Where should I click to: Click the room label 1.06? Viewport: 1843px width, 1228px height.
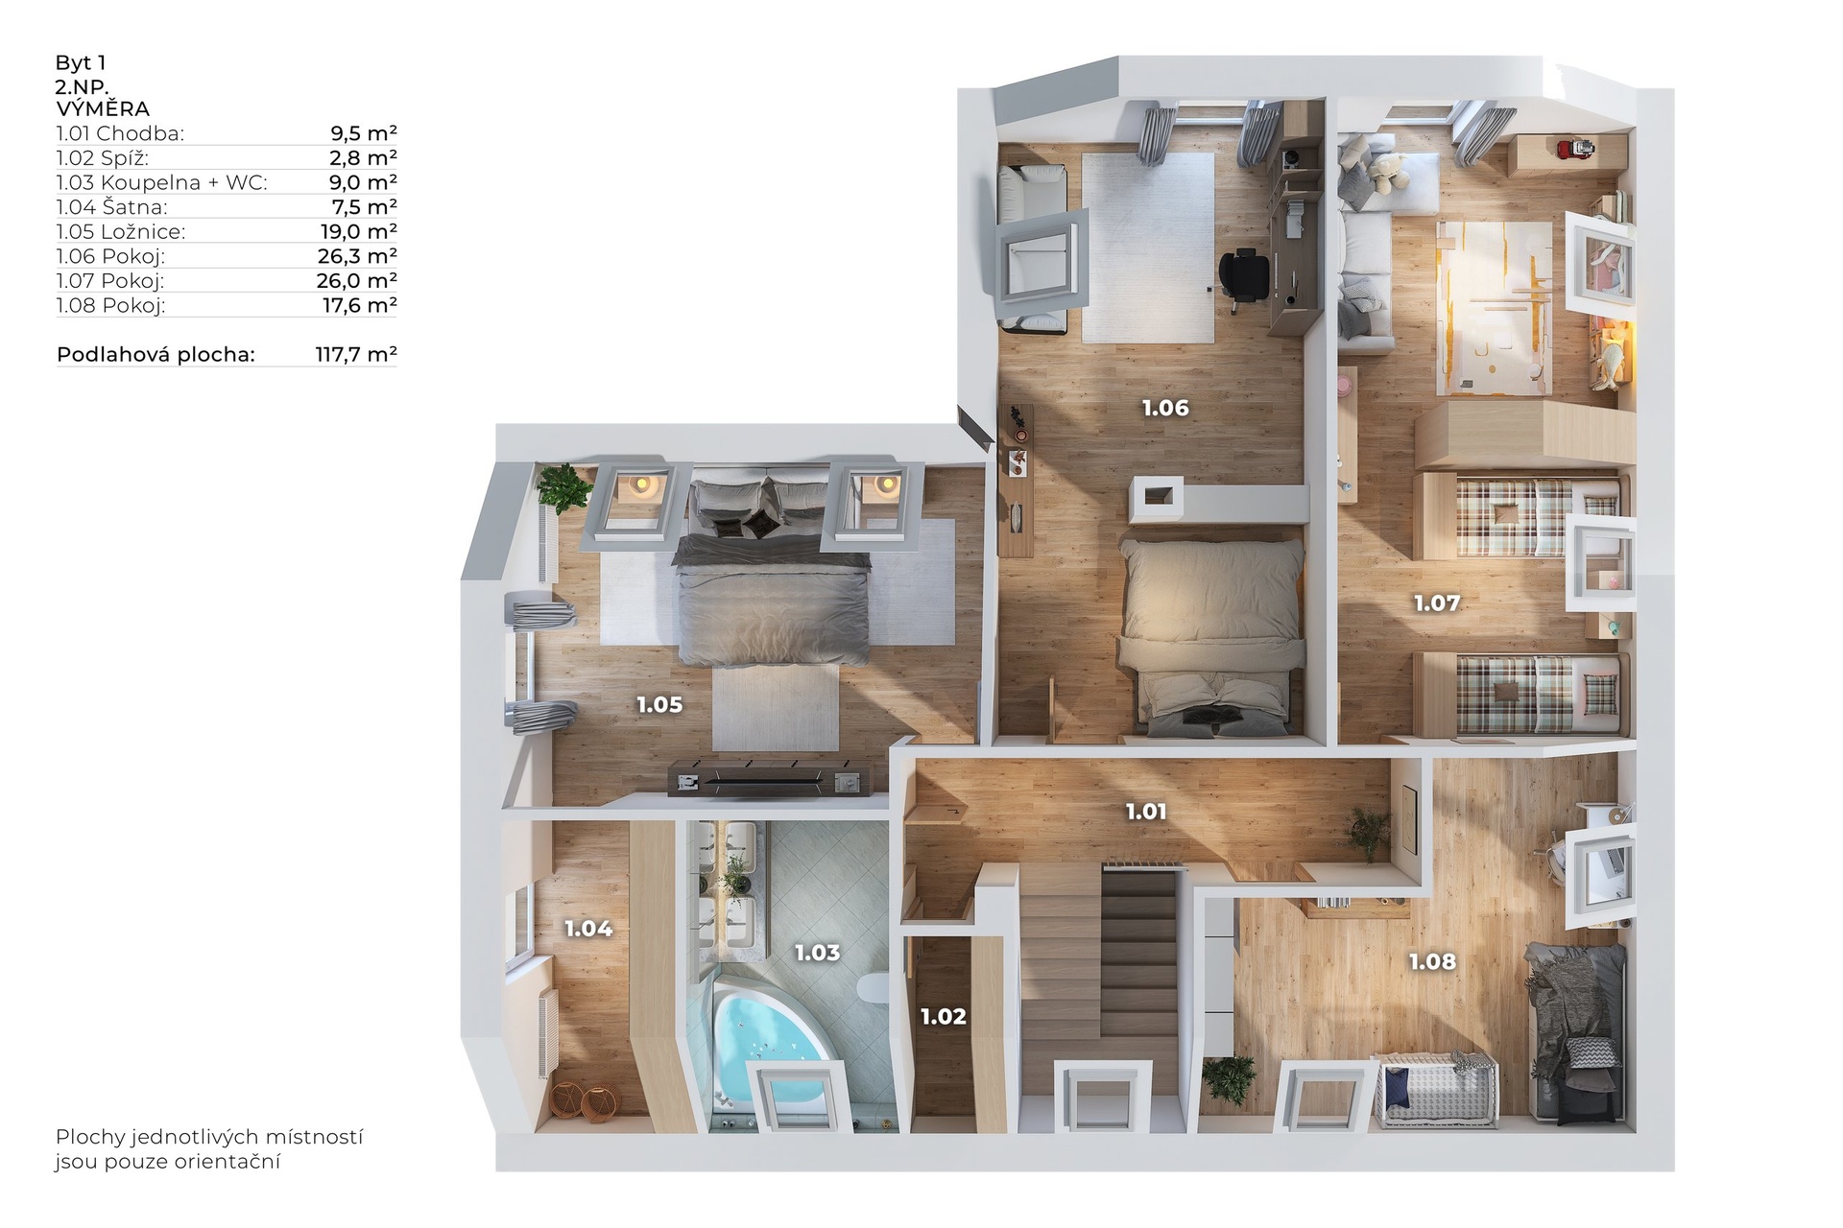pos(1165,408)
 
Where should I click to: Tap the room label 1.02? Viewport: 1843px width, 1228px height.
pos(944,1016)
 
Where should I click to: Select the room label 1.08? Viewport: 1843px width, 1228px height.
pos(1432,961)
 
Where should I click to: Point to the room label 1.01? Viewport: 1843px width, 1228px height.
pos(1146,812)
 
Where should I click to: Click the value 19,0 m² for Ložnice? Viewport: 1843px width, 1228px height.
pos(358,231)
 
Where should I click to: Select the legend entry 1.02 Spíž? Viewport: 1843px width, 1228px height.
pos(103,158)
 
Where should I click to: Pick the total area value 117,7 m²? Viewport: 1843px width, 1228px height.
pos(356,354)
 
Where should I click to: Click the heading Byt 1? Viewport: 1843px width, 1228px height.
pos(81,62)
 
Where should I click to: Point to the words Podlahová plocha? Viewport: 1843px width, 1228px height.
pos(156,354)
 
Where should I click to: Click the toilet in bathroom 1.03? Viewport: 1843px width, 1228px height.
pos(874,988)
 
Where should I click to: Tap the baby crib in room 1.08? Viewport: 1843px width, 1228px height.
pos(1436,1091)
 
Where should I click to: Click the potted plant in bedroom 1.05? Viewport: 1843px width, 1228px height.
pos(563,486)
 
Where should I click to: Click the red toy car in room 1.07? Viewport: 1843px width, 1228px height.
pos(1572,148)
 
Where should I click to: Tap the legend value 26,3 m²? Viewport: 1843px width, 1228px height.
pos(357,256)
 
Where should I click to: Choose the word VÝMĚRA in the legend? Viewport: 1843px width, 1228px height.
pos(103,109)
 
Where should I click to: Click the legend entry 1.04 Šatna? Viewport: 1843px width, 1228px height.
pos(111,207)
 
